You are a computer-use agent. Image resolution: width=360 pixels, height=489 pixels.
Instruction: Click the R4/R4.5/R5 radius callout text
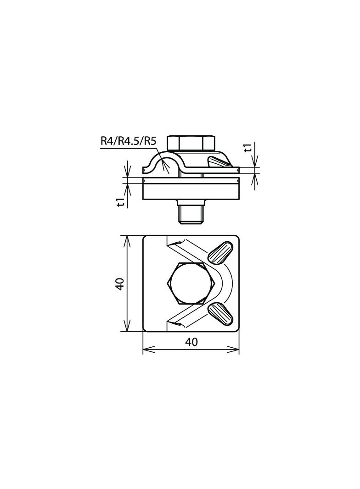[128, 141]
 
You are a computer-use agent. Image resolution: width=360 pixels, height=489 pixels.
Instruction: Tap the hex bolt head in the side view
[191, 143]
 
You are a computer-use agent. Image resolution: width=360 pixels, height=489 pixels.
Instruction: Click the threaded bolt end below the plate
[191, 216]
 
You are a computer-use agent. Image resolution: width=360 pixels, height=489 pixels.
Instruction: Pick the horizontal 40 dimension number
[191, 342]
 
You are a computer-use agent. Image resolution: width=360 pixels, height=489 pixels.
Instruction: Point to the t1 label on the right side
[248, 148]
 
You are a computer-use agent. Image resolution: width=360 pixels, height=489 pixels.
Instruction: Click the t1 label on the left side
[121, 202]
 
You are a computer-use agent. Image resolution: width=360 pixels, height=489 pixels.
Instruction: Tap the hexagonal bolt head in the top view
[191, 283]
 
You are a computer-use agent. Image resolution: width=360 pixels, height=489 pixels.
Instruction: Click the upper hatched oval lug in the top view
[220, 252]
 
